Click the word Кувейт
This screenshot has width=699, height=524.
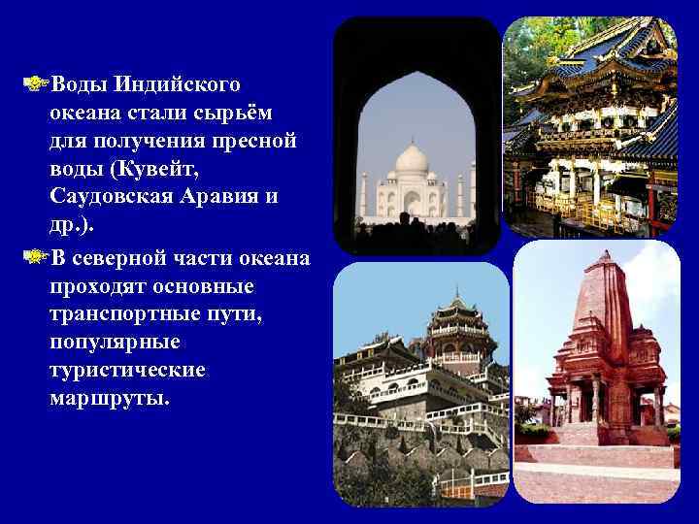point(154,169)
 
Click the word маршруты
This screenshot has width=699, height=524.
point(106,399)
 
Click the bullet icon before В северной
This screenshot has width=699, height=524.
point(37,257)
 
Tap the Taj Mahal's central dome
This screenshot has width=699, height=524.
point(413,160)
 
